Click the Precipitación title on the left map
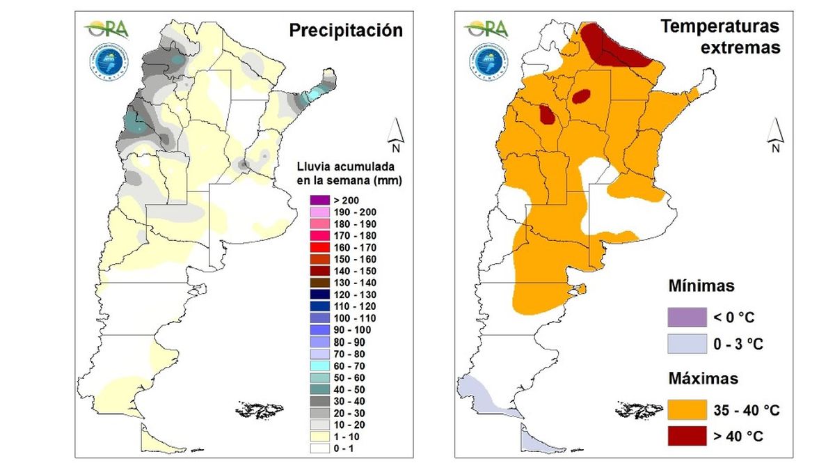point(346,31)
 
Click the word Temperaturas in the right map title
point(720,27)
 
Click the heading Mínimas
point(701,286)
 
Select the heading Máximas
point(703,379)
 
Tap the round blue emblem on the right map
point(486,61)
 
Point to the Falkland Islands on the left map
point(260,409)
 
